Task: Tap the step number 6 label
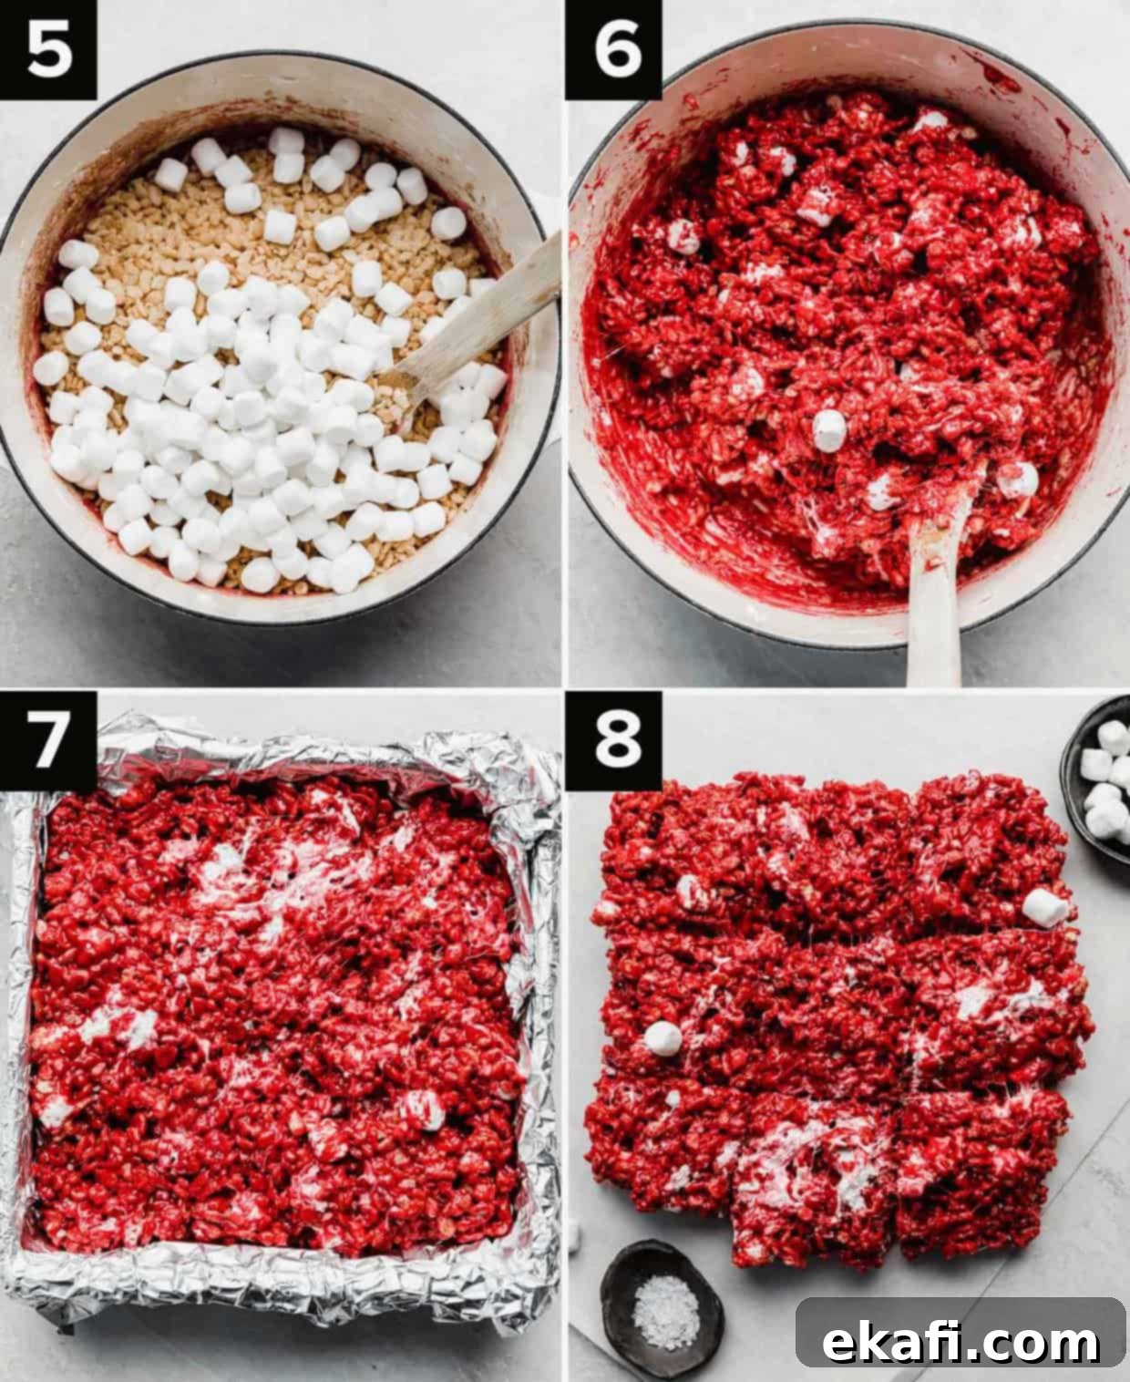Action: [614, 49]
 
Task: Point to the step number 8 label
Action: [614, 740]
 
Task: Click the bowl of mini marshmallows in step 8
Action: [1098, 778]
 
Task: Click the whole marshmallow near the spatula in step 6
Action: [830, 430]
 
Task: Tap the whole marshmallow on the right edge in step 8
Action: [1045, 908]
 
